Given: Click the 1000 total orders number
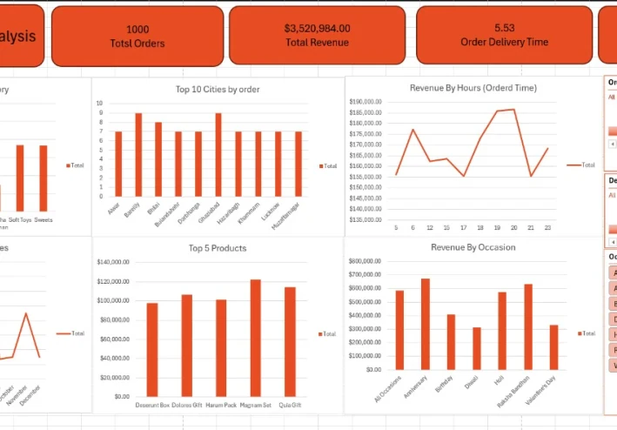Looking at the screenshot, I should [x=137, y=30].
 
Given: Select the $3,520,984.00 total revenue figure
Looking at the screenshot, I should [x=317, y=29].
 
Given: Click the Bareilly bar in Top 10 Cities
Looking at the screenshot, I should [x=138, y=154].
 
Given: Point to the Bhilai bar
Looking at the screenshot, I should [x=158, y=158].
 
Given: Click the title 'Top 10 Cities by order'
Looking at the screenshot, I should [x=217, y=89].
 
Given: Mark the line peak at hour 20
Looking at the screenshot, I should [x=513, y=110].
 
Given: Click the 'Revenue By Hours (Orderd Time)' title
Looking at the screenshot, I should [x=473, y=88].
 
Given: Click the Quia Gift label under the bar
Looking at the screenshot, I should [x=290, y=405].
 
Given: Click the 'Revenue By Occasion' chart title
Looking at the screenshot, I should [x=473, y=247].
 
